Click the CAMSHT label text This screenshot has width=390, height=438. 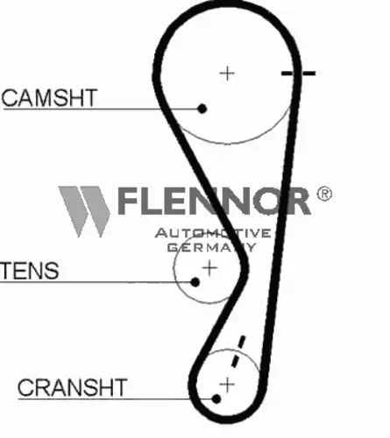49,97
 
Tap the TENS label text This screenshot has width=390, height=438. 30,270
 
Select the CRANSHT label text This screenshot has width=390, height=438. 72,387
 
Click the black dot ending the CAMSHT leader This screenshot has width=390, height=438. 202,109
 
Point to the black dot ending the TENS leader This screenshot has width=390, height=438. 195,282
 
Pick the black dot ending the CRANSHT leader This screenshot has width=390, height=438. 216,399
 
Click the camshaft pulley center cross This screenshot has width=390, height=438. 227,74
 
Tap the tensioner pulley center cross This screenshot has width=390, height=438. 209,268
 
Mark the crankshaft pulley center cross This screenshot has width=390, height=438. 227,385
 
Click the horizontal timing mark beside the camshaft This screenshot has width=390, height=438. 298,74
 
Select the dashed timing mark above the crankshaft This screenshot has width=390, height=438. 238,351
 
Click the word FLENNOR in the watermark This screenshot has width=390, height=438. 214,201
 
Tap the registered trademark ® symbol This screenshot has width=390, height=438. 324,194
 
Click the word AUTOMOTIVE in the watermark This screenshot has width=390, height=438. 213,233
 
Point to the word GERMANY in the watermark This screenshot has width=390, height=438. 211,247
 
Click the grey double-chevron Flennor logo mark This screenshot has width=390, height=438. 84,211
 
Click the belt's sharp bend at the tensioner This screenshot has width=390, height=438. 245,268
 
